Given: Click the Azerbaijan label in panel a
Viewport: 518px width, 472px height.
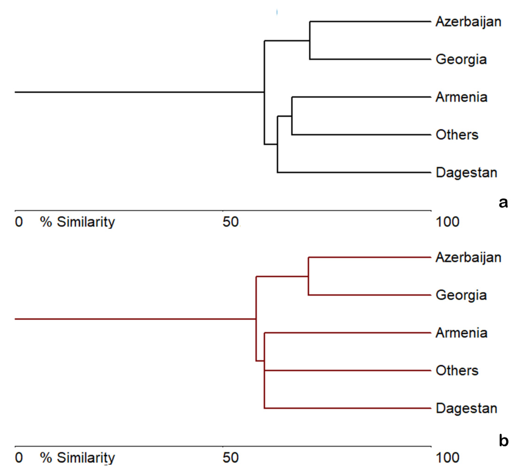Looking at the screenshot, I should [x=468, y=22].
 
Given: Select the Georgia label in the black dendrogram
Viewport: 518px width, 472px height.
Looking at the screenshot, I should [x=461, y=60].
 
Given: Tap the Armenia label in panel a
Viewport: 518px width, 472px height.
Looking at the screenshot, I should [x=461, y=97].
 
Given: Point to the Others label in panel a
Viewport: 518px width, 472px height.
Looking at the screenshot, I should [x=457, y=135].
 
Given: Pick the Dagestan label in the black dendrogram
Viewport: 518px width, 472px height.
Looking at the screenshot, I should [x=466, y=173].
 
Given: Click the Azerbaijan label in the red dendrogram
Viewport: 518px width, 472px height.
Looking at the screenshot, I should [x=468, y=258].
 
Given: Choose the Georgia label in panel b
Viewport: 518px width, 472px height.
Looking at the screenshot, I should [x=461, y=295].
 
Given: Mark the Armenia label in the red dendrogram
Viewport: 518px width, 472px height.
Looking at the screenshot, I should [x=461, y=333].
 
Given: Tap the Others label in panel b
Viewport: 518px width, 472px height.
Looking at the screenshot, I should [x=457, y=370].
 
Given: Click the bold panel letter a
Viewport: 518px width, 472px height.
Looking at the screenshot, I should [x=503, y=203].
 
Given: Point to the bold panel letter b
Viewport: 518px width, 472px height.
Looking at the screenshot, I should [x=503, y=440].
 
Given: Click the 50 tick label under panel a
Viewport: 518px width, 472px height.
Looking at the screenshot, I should [x=230, y=222].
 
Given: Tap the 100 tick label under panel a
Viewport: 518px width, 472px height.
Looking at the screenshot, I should [x=447, y=222].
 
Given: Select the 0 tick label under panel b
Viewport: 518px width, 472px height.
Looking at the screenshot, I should [x=19, y=457].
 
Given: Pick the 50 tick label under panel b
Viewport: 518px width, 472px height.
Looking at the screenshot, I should [x=230, y=457].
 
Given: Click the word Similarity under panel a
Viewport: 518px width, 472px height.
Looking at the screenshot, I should [x=86, y=222].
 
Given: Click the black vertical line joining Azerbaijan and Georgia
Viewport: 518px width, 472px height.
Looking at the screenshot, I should [x=310, y=40].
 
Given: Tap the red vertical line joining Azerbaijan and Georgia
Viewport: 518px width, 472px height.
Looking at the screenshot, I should [x=308, y=276].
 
